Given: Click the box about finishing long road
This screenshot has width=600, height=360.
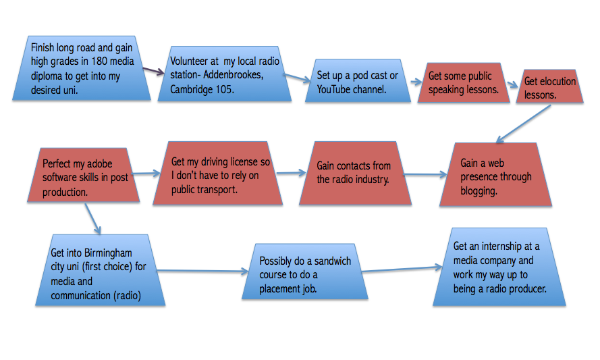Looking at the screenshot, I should tap(82, 69).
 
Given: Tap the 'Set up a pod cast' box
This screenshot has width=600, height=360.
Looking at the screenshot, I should tap(357, 82).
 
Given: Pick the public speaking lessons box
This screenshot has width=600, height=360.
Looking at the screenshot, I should tap(464, 83).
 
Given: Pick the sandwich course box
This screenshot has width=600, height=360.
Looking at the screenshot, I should tap(306, 272).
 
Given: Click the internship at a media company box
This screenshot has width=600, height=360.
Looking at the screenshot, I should tap(499, 267).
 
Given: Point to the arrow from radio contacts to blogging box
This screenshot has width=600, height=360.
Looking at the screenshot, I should tap(426, 174).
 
